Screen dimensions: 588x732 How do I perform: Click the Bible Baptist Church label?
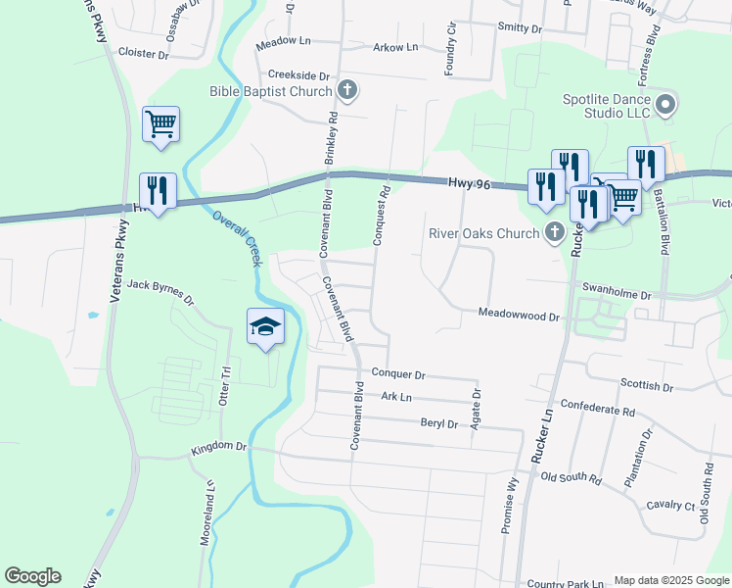271,91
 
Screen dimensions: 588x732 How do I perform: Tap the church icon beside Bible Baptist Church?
346,91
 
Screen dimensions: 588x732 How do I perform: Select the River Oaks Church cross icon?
555,233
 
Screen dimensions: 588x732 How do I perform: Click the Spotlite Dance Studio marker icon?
666,104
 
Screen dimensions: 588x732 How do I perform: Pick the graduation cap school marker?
265,327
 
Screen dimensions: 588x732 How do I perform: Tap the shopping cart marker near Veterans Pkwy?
160,124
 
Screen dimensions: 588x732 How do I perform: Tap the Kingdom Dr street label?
219,446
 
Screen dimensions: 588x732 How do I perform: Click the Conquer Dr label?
398,374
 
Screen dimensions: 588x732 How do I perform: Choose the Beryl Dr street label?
438,423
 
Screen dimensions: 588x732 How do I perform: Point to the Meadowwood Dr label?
518,316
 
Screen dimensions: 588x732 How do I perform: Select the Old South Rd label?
571,477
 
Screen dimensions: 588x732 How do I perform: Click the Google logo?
32,576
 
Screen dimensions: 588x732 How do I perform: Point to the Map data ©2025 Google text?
671,580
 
